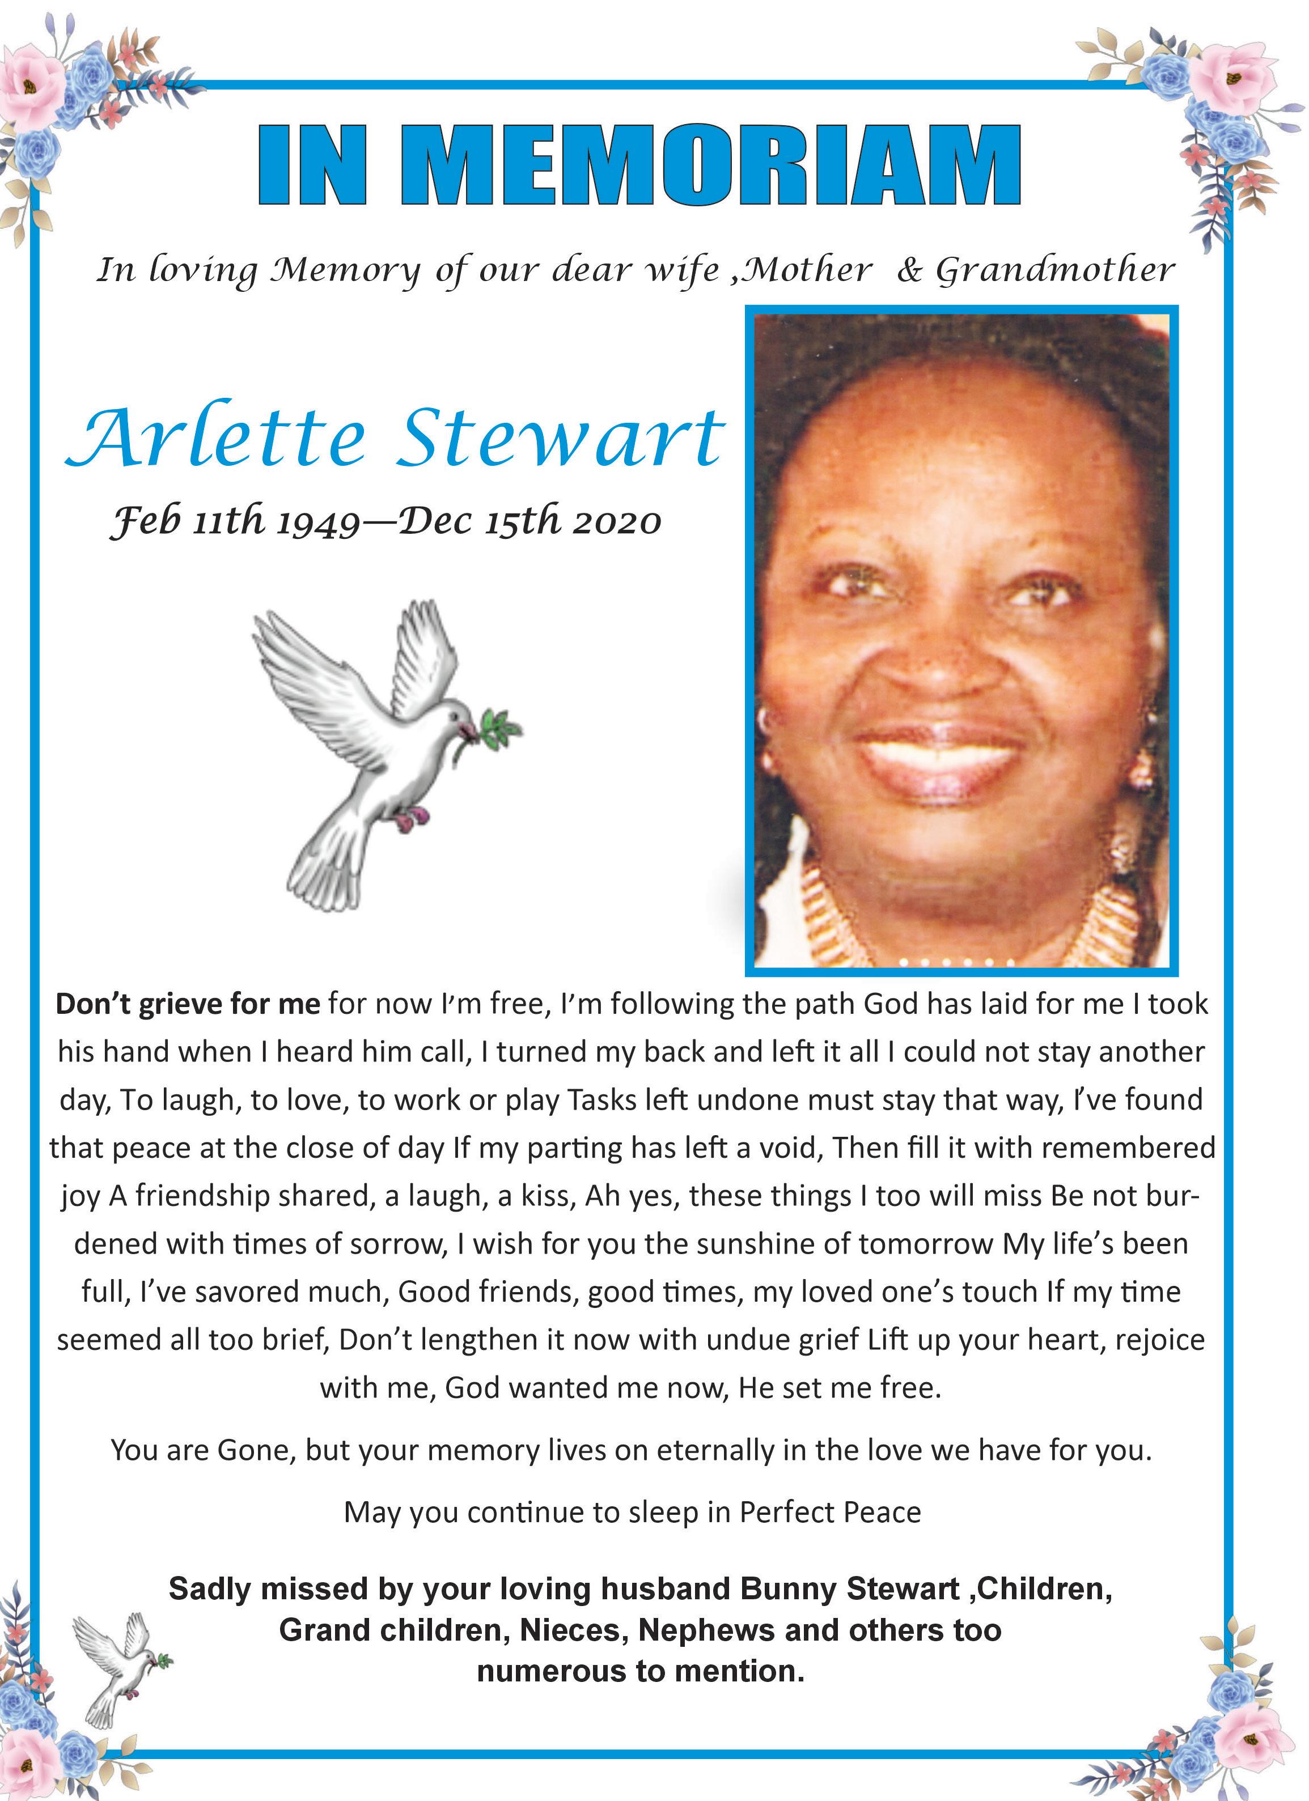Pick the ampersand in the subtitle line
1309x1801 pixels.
tap(909, 271)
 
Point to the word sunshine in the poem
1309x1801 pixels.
tap(755, 1243)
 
